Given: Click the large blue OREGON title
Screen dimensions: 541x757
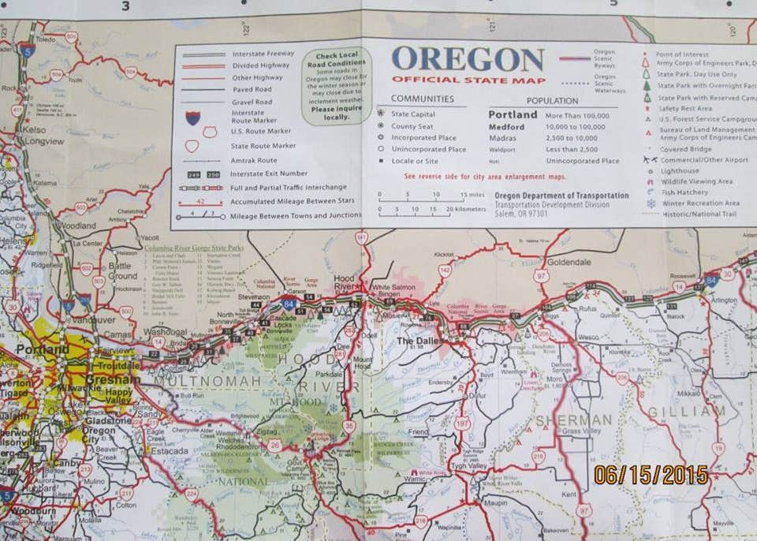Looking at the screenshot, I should [468, 60].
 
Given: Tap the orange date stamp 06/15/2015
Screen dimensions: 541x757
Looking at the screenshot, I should [651, 475].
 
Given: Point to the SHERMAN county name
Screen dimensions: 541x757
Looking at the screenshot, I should [574, 420].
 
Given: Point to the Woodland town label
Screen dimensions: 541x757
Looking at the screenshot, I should [76, 225].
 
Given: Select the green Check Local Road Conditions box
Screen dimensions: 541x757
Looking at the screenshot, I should [336, 86].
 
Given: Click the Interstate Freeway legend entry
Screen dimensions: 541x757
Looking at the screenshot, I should [263, 53].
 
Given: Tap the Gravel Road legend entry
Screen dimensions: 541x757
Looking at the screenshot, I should [252, 102].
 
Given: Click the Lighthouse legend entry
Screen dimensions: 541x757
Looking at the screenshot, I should [679, 170].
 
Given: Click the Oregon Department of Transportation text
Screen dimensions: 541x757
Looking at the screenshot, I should [561, 196].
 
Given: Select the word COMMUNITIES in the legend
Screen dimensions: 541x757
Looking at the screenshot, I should [423, 99].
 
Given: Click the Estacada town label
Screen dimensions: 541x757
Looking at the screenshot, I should [166, 450].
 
